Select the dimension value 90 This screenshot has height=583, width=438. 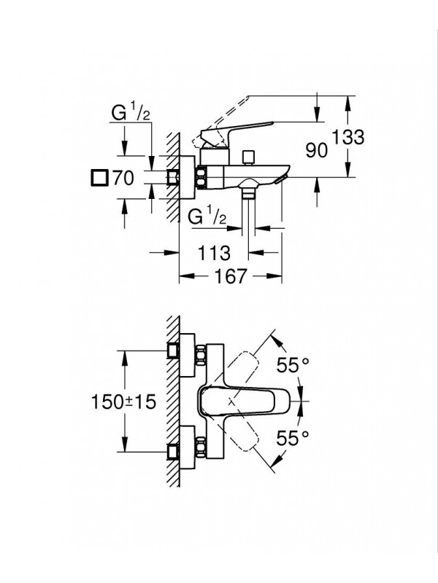315,151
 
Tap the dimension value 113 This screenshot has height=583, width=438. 215,253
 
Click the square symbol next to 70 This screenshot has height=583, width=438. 99,177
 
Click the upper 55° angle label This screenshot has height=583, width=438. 293,365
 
